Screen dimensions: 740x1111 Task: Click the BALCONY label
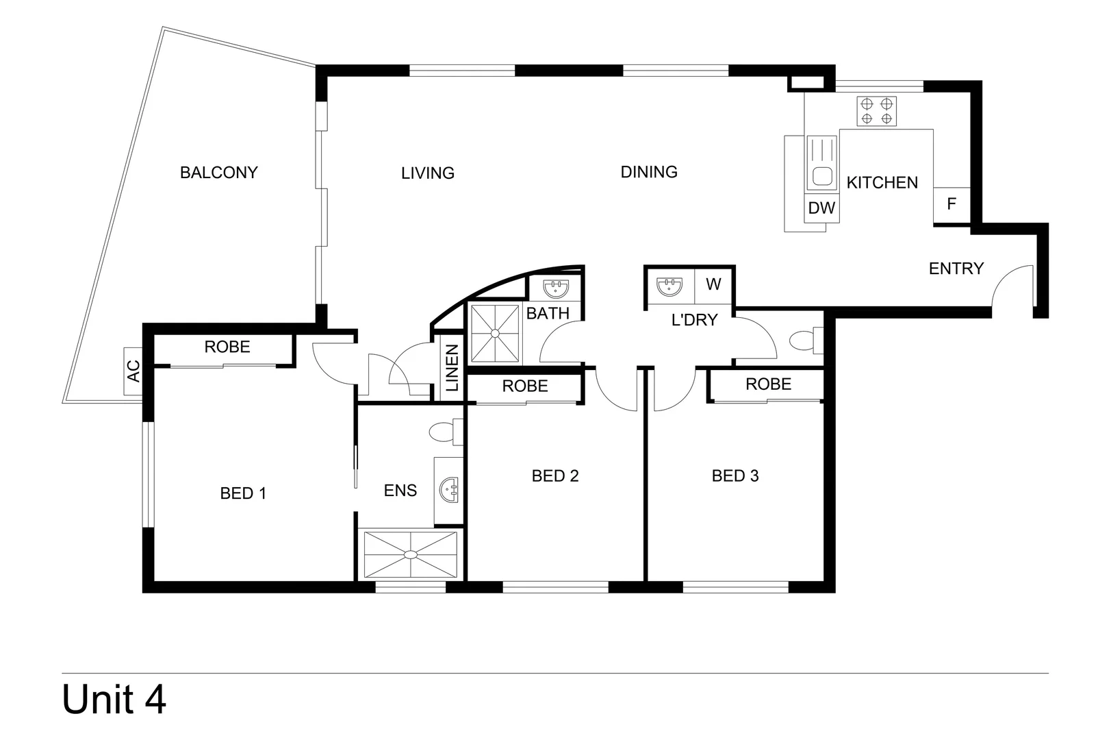(218, 173)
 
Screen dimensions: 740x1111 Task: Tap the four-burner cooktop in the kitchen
(876, 111)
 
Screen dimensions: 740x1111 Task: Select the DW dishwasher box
(821, 208)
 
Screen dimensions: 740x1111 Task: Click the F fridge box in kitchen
(952, 204)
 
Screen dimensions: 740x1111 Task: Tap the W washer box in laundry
(713, 284)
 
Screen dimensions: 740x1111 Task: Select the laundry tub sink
(669, 286)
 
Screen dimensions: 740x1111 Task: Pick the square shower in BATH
(495, 333)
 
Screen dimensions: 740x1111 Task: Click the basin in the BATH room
(555, 288)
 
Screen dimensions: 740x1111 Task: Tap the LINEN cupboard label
(452, 368)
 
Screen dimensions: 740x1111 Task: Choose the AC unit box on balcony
(133, 371)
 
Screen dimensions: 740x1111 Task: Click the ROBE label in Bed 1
(227, 347)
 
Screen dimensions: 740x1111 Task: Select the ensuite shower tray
(410, 554)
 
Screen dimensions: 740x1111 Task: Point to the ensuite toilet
(444, 432)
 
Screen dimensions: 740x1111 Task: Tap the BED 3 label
(735, 476)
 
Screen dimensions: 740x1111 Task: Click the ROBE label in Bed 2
(525, 386)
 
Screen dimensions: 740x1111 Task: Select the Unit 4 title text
(114, 700)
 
